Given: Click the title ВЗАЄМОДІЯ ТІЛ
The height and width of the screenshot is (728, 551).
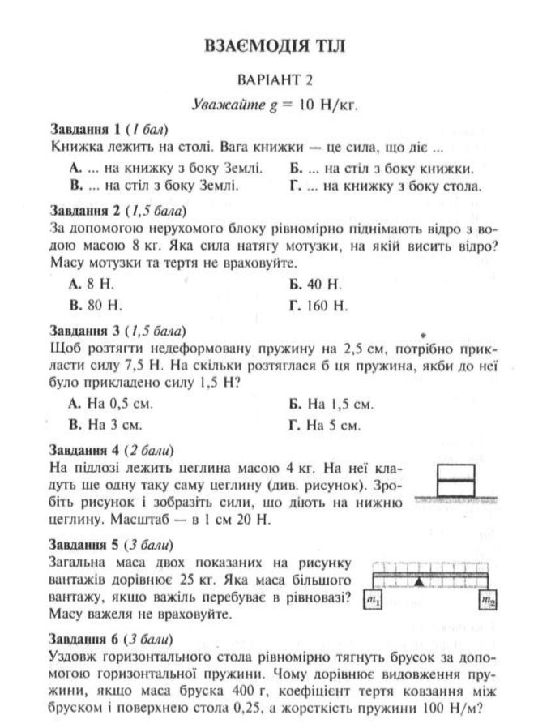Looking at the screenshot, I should click(x=275, y=46).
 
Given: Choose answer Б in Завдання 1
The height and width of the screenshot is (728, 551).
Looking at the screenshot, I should click(x=381, y=169).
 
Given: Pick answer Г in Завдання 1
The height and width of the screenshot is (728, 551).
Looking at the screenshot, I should click(x=385, y=186).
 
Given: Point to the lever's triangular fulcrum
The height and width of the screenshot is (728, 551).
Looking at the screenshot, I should click(x=418, y=582).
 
